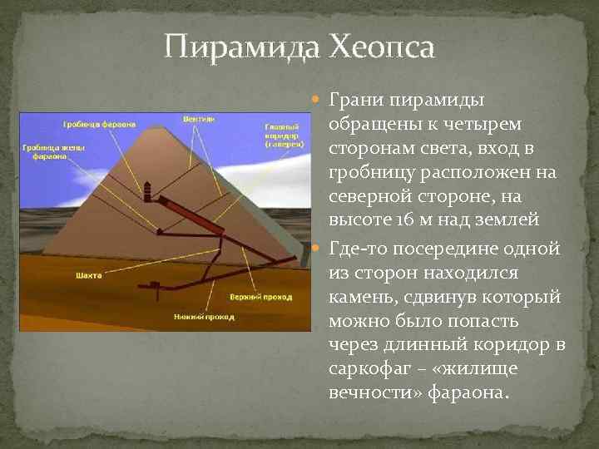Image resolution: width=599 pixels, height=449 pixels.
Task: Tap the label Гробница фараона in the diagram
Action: [98, 125]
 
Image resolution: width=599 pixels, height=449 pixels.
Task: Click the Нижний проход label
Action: [204, 317]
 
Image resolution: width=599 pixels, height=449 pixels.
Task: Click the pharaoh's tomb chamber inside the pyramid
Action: [149, 192]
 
